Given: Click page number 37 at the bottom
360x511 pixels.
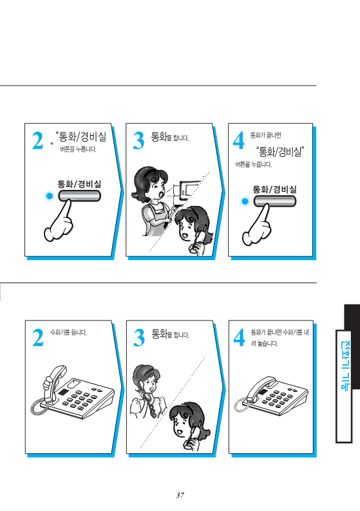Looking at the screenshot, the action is point(180,495).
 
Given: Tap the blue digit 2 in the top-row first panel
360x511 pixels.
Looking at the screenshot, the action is point(37,141).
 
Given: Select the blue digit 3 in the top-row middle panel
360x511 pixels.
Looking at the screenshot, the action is point(138,141).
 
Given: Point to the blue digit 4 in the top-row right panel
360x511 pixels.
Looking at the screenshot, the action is point(239,141).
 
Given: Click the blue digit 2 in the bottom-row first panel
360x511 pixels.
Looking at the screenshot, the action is point(38,338).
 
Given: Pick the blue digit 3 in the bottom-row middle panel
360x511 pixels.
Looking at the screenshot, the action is point(139,338).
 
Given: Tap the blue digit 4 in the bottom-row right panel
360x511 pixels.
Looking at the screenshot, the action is point(240,338).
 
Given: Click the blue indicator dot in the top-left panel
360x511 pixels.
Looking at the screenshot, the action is point(49,196).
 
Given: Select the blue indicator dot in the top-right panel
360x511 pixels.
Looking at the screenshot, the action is point(245,201).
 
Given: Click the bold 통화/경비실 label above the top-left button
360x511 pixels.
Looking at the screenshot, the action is point(79,184).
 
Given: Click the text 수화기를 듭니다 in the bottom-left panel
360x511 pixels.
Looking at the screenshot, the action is point(68,333).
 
